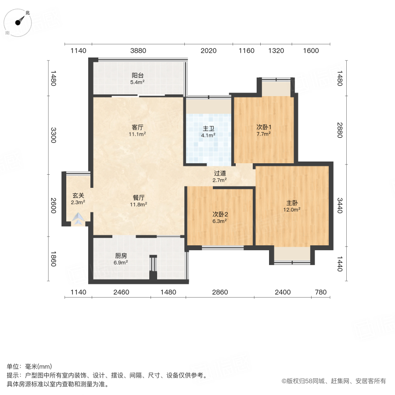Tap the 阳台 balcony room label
[137, 75]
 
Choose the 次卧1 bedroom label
[263, 127]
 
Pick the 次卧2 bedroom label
[220, 214]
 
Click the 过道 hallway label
[220, 173]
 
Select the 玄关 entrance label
[78, 195]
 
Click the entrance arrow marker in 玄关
[78, 219]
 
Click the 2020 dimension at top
[208, 50]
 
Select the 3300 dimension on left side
[54, 135]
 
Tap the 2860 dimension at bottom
[220, 292]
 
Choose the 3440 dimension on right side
[339, 205]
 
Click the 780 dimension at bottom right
[320, 292]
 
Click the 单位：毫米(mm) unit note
[29, 366]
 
